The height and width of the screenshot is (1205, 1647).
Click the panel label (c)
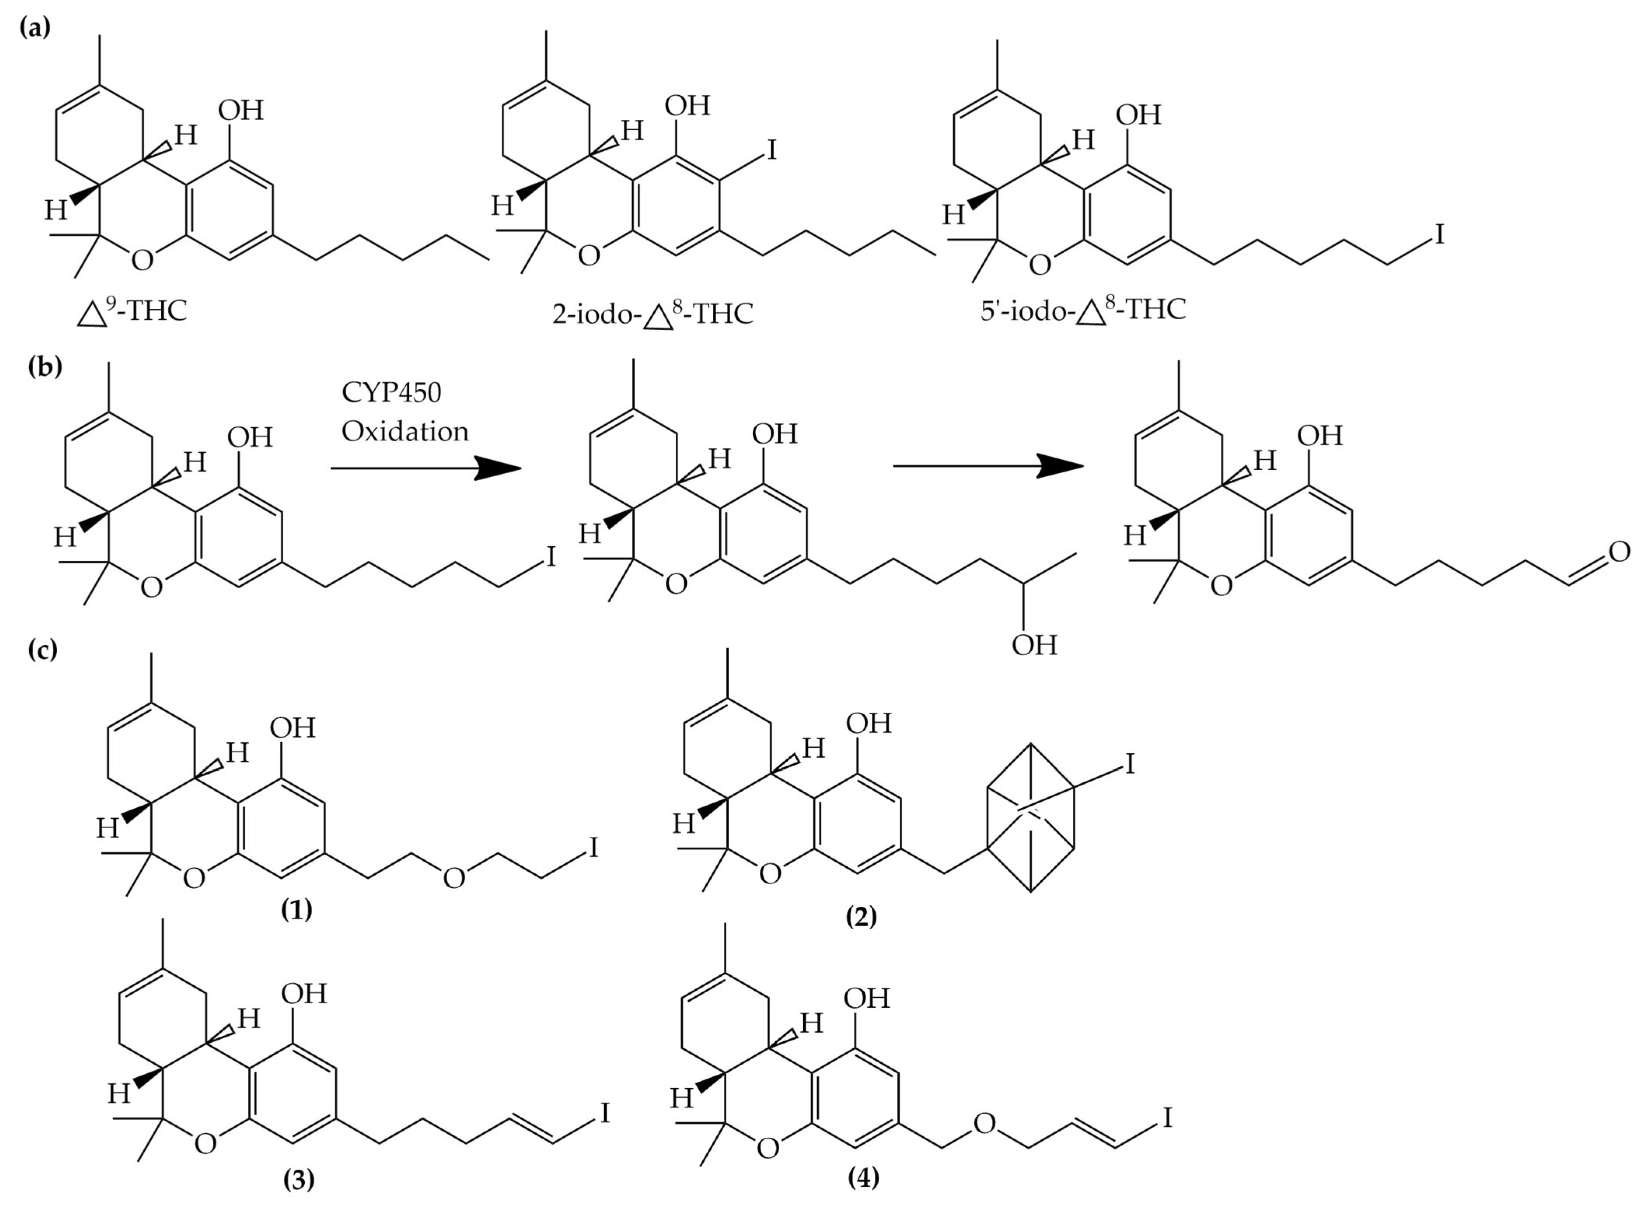pyautogui.click(x=42, y=649)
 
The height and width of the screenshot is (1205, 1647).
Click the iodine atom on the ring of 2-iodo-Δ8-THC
pyautogui.click(x=771, y=150)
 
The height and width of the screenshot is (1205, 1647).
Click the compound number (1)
pyautogui.click(x=297, y=909)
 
